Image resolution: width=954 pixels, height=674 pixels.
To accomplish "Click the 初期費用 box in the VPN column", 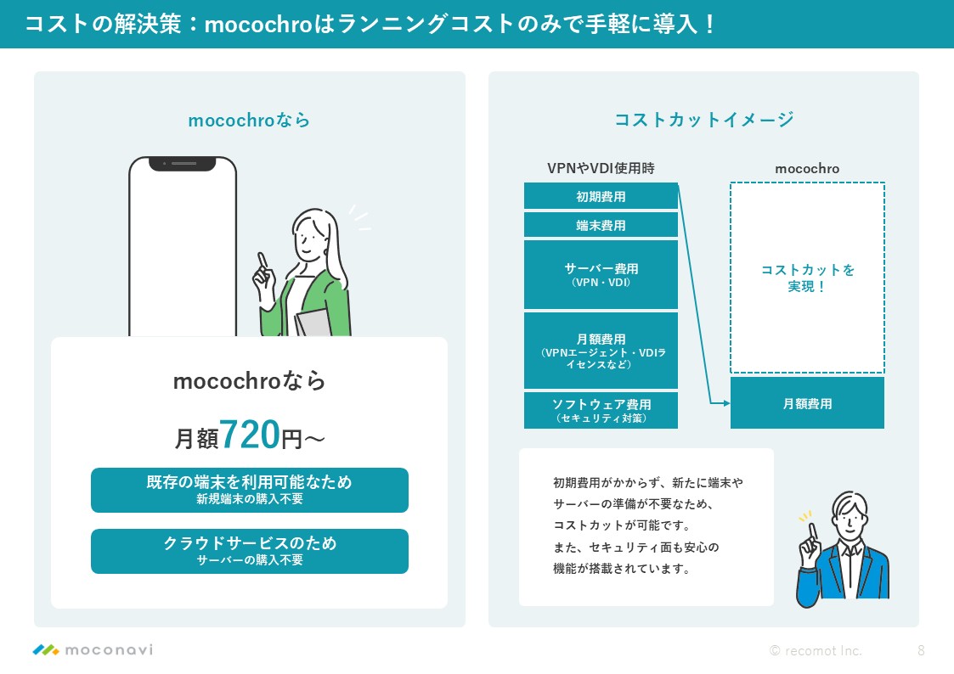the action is click(x=601, y=196).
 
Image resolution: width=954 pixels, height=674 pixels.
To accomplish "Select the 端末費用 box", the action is click(x=601, y=225).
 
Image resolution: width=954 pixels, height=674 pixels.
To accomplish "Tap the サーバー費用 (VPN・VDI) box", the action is click(x=601, y=275).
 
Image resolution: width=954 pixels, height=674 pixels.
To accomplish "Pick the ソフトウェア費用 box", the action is click(x=601, y=410).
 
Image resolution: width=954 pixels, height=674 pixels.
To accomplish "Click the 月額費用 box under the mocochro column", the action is click(x=807, y=403).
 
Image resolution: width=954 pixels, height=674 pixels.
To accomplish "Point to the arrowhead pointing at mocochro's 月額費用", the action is click(x=725, y=403).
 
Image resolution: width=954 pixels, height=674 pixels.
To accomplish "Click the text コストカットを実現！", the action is click(x=807, y=278).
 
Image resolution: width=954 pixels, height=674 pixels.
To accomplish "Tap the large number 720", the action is click(x=250, y=435).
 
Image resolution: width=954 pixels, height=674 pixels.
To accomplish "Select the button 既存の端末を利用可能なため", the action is click(x=250, y=490).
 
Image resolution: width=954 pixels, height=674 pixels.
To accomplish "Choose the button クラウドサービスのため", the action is click(x=250, y=551).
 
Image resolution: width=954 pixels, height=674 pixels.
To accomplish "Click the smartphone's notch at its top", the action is click(x=183, y=164).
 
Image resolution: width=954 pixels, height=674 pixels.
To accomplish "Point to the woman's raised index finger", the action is click(x=262, y=260).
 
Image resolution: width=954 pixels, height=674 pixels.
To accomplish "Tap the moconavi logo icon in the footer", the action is click(x=46, y=649).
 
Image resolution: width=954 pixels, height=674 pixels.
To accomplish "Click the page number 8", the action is click(x=921, y=650).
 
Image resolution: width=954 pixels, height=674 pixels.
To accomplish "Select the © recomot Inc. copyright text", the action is click(x=816, y=650).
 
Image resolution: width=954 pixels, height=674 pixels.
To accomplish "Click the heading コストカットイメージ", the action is click(x=704, y=119).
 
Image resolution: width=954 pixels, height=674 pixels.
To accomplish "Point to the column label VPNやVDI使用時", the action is click(x=601, y=168).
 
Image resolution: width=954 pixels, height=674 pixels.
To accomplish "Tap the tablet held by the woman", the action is click(x=314, y=323).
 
